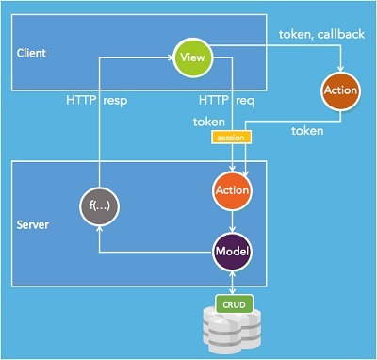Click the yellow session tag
[229, 138]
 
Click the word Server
[33, 226]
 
